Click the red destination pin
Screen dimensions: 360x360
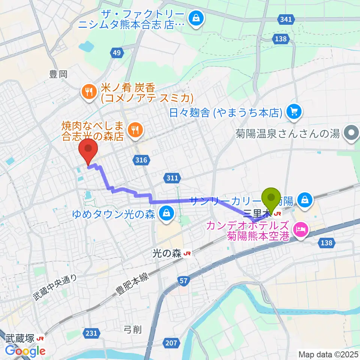click(x=88, y=150)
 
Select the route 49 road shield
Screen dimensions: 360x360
click(x=117, y=53)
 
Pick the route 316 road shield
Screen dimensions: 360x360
click(x=141, y=160)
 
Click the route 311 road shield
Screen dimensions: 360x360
click(x=172, y=178)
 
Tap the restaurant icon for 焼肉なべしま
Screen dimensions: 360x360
click(x=134, y=130)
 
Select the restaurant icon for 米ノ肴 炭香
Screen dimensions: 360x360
click(x=89, y=92)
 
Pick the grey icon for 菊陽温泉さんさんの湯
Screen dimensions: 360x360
click(x=351, y=133)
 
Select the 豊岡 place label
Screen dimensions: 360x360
click(x=58, y=75)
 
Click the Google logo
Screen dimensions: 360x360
click(x=25, y=351)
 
